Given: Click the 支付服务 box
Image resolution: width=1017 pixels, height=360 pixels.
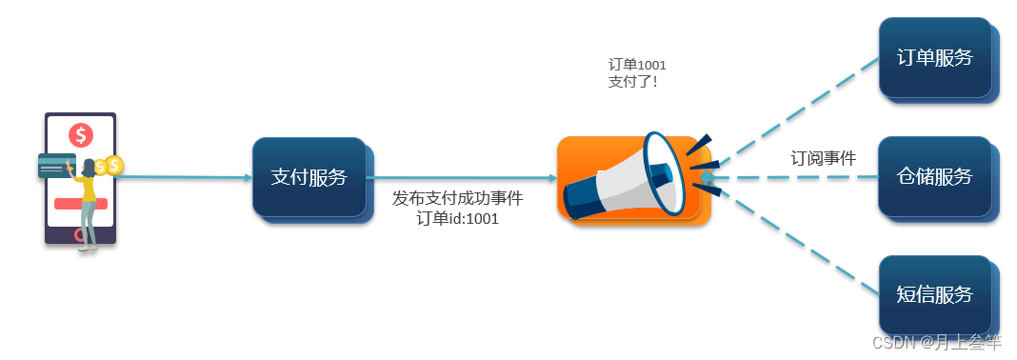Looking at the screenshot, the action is pos(309,177).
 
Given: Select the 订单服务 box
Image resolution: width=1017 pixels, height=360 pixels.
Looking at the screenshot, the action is pos(934,57).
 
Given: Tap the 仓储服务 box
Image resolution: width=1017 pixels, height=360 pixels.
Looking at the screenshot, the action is pos(934,176).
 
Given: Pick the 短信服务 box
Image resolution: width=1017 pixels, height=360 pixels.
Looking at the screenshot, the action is pos(934,294).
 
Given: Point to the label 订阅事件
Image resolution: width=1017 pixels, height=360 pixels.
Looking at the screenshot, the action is pos(824,158).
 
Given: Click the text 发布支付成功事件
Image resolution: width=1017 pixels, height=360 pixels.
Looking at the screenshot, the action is pos(458,198).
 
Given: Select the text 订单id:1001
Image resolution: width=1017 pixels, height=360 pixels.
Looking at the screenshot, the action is pos(458,218).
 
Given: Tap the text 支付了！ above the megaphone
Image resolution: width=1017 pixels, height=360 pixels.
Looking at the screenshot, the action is pos(632,82).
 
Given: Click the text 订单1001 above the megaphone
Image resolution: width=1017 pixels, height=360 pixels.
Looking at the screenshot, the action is pos(637,65).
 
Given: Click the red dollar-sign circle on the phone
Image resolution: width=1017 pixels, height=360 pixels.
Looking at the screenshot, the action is pos(81,135).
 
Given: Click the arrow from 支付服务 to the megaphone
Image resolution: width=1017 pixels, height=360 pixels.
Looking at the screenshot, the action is pos(467,178).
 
